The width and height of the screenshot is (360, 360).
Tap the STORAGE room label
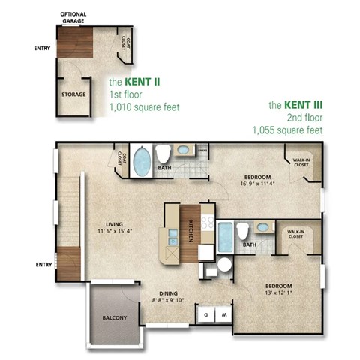[73, 94]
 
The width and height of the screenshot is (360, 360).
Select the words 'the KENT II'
[134, 80]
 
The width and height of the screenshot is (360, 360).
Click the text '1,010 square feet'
[144, 106]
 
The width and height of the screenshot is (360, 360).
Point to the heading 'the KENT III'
[295, 105]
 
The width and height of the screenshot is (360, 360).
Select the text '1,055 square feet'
[287, 130]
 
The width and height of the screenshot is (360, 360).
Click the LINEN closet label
[202, 150]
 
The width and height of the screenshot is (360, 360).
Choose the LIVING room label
[114, 223]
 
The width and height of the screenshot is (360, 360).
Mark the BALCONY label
[115, 317]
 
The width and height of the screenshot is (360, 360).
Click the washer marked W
[223, 313]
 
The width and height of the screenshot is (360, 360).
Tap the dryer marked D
[205, 313]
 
